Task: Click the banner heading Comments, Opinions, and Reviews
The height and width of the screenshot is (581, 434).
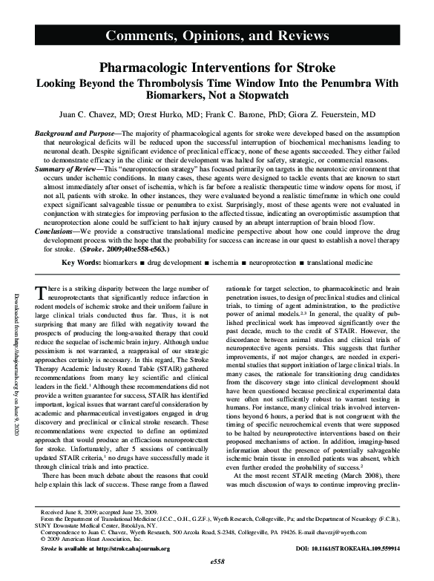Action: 217,36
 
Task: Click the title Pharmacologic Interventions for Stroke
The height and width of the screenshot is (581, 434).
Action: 217,67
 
